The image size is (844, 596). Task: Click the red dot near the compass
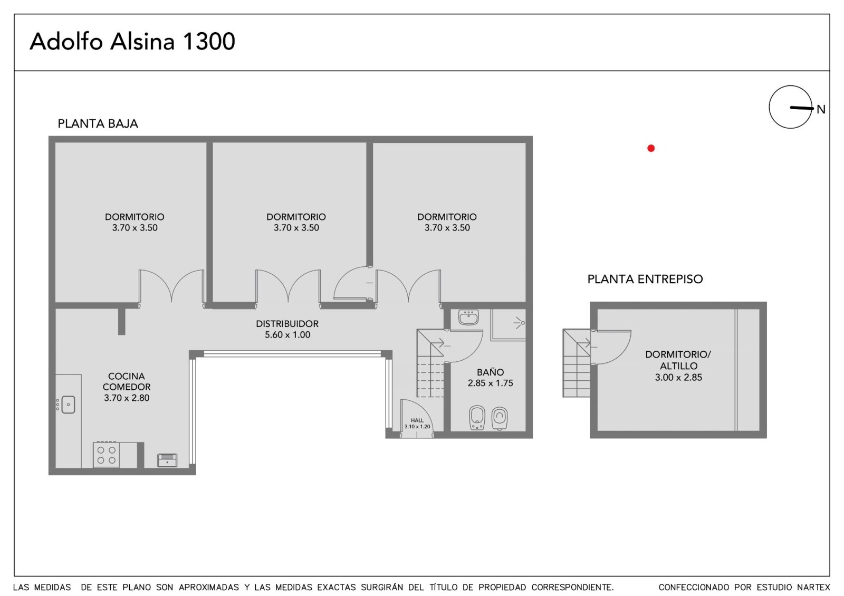click(651, 148)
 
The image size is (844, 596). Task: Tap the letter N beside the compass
click(821, 110)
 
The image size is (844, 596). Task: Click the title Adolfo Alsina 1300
click(132, 42)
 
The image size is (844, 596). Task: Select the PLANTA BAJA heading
click(98, 123)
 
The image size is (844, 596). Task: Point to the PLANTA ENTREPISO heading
click(645, 279)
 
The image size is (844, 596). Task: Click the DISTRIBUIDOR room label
click(287, 329)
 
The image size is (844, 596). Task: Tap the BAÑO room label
click(490, 378)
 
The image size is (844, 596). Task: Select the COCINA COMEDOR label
click(127, 387)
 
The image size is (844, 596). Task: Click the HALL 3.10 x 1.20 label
click(417, 424)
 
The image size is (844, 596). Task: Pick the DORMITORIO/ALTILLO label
click(678, 366)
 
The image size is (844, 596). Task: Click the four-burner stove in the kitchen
click(106, 455)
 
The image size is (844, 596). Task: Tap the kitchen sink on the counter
click(68, 405)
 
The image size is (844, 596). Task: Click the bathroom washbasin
click(468, 317)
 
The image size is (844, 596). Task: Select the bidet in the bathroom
click(477, 418)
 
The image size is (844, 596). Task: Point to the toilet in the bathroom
click(499, 418)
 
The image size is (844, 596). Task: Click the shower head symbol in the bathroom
click(520, 323)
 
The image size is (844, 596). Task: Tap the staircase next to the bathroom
click(430, 363)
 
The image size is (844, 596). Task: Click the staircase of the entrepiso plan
click(577, 363)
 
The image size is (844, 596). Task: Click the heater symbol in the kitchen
click(167, 460)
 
